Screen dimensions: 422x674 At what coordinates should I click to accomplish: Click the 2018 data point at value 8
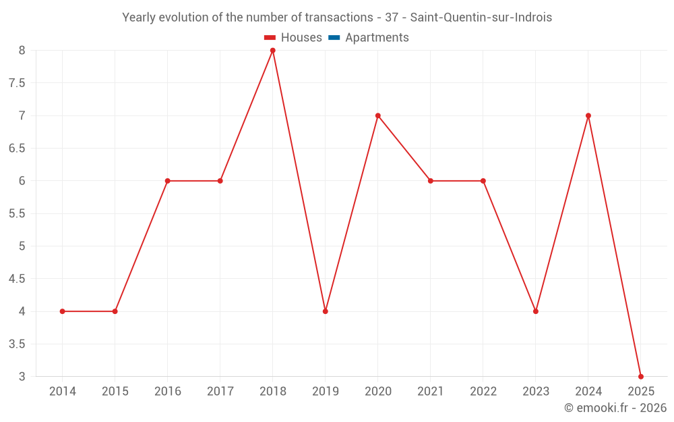[273, 51]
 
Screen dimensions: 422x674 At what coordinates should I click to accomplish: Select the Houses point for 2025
[641, 376]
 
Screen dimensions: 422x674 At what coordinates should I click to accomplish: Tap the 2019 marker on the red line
[326, 311]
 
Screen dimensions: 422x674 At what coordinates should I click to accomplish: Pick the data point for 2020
[378, 115]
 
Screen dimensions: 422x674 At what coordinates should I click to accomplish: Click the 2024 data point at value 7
[588, 115]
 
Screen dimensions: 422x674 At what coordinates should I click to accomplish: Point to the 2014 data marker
[63, 311]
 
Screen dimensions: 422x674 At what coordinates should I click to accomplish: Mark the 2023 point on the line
[536, 311]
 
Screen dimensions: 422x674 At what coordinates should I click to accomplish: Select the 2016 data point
[168, 181]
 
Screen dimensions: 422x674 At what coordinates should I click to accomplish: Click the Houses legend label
[301, 38]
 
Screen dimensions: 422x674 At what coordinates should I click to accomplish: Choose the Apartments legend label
[377, 38]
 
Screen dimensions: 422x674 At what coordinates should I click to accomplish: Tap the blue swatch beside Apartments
[334, 38]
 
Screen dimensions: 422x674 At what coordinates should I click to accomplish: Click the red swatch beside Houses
[270, 38]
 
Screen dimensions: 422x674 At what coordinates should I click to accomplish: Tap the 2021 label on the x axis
[431, 392]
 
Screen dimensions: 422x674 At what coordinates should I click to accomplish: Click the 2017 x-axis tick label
[220, 392]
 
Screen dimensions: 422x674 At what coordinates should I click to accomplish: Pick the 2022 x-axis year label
[483, 392]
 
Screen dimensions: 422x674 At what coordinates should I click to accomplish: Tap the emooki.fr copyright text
[615, 408]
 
